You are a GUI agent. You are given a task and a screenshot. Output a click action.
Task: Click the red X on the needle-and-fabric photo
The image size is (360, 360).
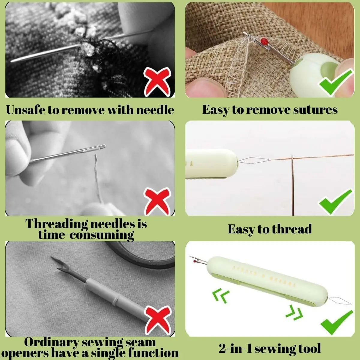(x=157, y=82)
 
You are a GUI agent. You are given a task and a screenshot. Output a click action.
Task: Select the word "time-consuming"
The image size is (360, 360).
(x=86, y=235)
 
